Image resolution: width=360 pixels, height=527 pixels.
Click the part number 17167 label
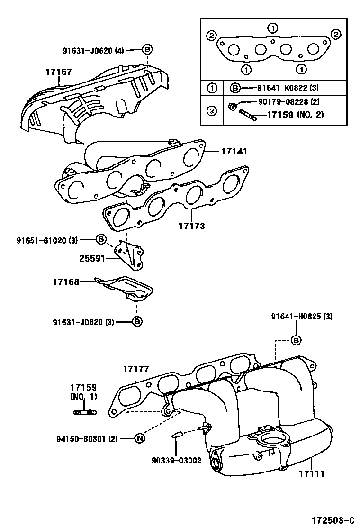click(x=58, y=72)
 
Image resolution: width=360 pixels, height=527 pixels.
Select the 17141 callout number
click(x=234, y=152)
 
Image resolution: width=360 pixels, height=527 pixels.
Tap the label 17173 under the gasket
click(x=192, y=226)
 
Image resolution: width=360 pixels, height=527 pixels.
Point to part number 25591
click(x=92, y=258)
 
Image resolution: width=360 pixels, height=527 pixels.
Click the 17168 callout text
click(x=65, y=282)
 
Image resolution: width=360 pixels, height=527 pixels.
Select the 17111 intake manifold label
click(x=312, y=472)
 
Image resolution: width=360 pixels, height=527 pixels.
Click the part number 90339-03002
click(x=177, y=460)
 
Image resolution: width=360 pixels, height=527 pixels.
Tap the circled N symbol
click(x=139, y=438)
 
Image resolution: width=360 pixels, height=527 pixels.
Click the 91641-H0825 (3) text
click(x=302, y=316)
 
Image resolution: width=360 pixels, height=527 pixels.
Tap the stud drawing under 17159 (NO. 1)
click(x=85, y=412)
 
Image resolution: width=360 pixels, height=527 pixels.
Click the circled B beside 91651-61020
click(x=101, y=239)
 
